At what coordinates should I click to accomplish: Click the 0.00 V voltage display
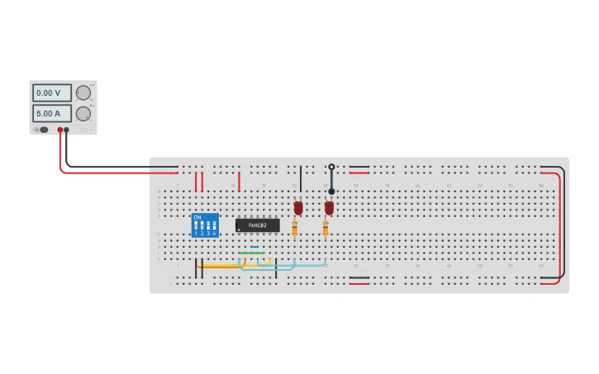tap(52, 93)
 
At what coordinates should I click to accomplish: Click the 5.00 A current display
tap(52, 113)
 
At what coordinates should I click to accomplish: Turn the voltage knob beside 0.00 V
tap(83, 92)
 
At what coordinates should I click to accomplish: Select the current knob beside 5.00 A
tap(83, 114)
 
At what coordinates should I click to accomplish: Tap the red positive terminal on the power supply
tap(60, 130)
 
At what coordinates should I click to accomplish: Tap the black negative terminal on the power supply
tap(67, 130)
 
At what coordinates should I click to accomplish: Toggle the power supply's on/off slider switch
tap(43, 130)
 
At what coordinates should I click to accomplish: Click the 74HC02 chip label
tap(258, 225)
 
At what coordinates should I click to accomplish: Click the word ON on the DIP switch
tap(197, 217)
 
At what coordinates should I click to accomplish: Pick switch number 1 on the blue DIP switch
tap(196, 225)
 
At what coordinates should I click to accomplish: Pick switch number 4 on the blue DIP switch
tap(214, 225)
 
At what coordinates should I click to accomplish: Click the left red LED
tap(298, 208)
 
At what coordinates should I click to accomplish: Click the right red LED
tap(329, 208)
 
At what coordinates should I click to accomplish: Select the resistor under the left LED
tap(294, 228)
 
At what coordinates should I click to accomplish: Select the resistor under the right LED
tap(326, 228)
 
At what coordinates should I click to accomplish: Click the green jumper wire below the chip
tap(251, 253)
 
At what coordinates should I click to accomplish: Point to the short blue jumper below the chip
tap(254, 247)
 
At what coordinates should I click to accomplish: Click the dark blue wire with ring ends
tap(331, 179)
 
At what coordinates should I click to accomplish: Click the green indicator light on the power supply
tap(92, 105)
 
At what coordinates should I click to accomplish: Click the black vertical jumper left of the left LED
tap(301, 178)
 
